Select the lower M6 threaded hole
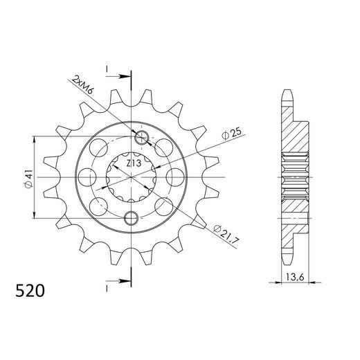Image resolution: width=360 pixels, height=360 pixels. pos(130,219)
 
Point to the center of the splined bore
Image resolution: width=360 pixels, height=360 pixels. pos(131,178)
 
